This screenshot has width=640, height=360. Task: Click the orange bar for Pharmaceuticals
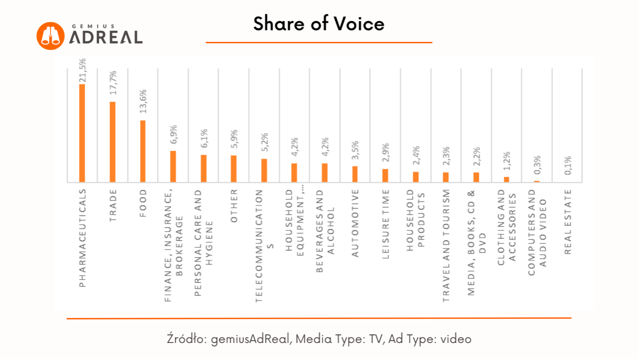tap(82, 133)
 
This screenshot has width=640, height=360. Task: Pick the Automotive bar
tap(355, 174)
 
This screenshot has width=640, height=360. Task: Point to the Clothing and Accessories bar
tap(506, 180)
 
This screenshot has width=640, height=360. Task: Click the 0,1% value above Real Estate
tap(568, 166)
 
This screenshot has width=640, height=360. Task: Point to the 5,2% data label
tap(265, 144)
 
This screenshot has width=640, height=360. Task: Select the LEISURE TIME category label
tap(386, 224)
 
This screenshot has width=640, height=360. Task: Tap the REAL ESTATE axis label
tap(568, 221)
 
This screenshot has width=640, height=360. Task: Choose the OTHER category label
tap(234, 206)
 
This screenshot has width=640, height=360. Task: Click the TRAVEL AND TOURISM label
tap(446, 246)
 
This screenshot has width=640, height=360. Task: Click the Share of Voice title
tap(319, 23)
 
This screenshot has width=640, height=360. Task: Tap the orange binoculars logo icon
tap(50, 36)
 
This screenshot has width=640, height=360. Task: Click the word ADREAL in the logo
tap(106, 37)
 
